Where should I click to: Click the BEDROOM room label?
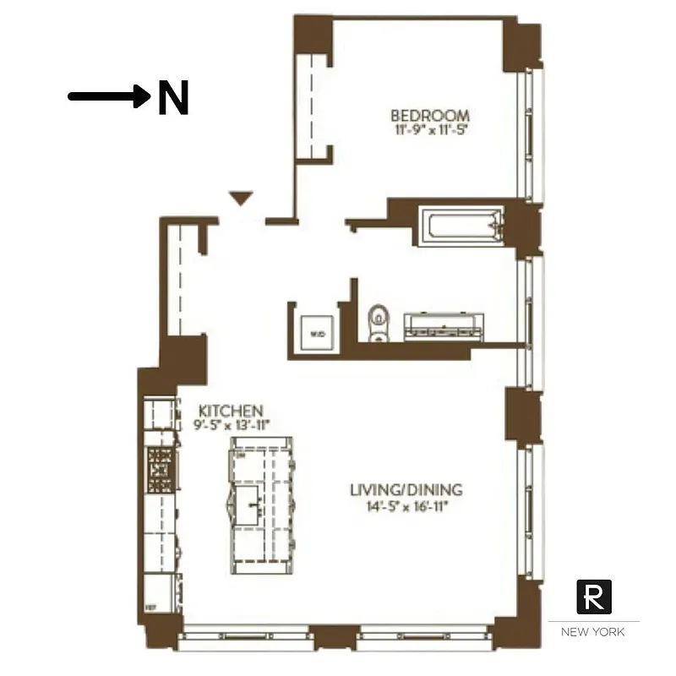click(x=429, y=116)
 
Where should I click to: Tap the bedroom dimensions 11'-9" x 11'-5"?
click(x=430, y=131)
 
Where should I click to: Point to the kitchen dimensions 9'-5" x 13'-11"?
click(x=230, y=424)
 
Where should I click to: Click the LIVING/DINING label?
click(x=406, y=490)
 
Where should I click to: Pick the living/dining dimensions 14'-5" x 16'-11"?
click(x=406, y=507)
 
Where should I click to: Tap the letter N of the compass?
click(x=172, y=98)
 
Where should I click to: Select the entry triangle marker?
click(x=242, y=199)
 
